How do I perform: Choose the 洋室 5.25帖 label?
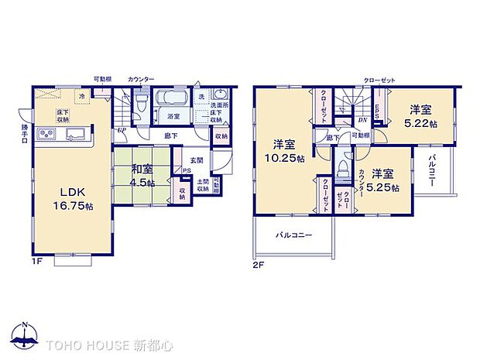pyautogui.click(x=385, y=180)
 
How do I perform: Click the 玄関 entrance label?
pyautogui.click(x=197, y=160)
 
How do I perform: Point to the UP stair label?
pyautogui.click(x=122, y=130)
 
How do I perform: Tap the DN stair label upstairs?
pyautogui.click(x=362, y=119)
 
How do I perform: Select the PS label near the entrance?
pyautogui.click(x=187, y=173)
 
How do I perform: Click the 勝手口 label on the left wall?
pyautogui.click(x=26, y=134)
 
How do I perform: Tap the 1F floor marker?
pyautogui.click(x=36, y=261)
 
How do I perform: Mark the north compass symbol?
pyautogui.click(x=26, y=337)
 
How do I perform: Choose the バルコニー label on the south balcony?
pyautogui.click(x=292, y=235)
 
